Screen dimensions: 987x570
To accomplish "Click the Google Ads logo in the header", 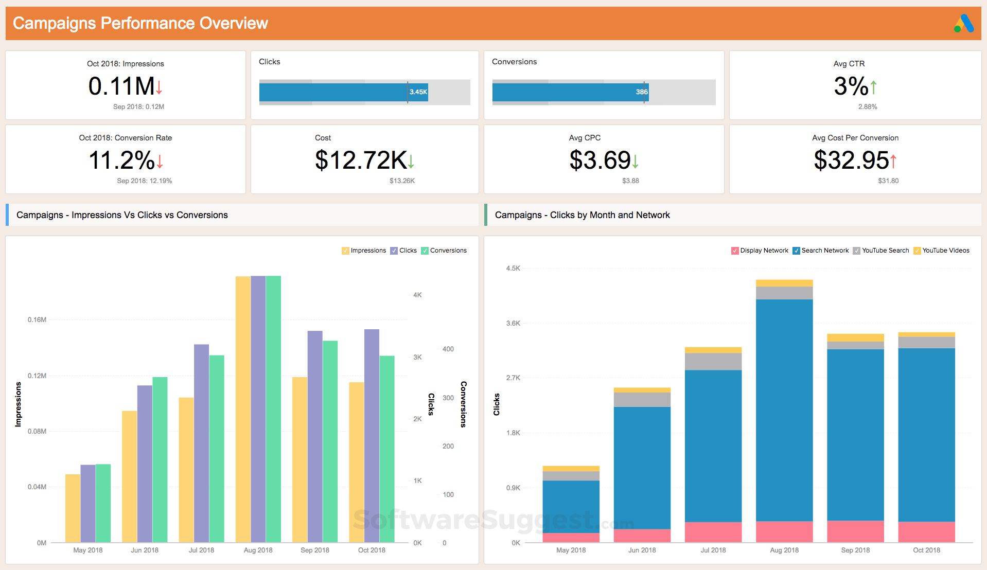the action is click(x=963, y=24).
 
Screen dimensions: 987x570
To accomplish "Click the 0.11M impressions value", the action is click(x=121, y=86).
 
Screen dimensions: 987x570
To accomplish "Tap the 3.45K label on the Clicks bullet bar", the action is click(x=418, y=92).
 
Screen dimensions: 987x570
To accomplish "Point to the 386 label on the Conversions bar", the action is click(x=641, y=92).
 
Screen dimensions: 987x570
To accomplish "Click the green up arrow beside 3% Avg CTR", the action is click(x=873, y=87).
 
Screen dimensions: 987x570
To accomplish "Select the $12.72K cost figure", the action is click(x=361, y=160).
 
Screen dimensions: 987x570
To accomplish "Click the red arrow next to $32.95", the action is click(x=893, y=161).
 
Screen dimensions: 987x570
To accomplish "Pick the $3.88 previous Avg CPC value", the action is click(x=630, y=181).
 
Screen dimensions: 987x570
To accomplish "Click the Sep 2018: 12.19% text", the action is click(x=144, y=181).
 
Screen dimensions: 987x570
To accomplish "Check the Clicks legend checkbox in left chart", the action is click(x=394, y=251).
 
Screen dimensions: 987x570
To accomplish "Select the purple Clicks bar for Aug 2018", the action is click(x=258, y=409).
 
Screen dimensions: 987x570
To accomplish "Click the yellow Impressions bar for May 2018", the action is click(x=73, y=508).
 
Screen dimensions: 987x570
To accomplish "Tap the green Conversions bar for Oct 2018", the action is click(x=387, y=449).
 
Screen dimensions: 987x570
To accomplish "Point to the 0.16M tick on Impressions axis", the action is click(x=37, y=319).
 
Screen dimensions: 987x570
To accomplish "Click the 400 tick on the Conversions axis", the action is click(x=448, y=349).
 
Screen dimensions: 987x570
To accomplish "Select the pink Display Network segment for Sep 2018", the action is click(x=855, y=531).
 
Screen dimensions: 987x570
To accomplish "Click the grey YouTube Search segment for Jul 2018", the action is click(x=713, y=361).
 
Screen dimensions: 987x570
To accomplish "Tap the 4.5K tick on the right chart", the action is click(x=513, y=268).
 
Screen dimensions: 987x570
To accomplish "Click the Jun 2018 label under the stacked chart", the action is click(x=642, y=550).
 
